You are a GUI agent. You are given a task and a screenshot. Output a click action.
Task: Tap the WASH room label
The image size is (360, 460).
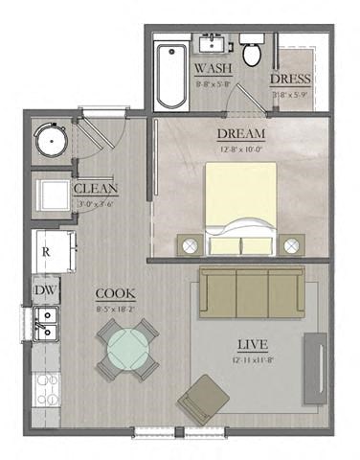click(x=212, y=69)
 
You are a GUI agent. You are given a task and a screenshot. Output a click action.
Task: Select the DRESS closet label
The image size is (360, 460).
click(x=289, y=79)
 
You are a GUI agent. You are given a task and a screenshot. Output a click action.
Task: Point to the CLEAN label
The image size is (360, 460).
click(x=97, y=188)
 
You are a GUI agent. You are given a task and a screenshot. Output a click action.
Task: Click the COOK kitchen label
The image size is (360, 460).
click(x=115, y=293)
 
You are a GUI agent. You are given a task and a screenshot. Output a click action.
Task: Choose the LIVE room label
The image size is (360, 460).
click(x=254, y=343)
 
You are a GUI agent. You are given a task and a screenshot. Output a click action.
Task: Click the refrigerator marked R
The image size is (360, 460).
click(x=46, y=252)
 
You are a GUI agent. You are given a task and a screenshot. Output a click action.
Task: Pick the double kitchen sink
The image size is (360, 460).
click(x=44, y=324)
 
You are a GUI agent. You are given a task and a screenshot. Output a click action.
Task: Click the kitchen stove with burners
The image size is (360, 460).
click(x=46, y=388)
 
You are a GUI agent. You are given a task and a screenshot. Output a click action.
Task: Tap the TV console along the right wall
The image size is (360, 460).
click(x=314, y=369)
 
